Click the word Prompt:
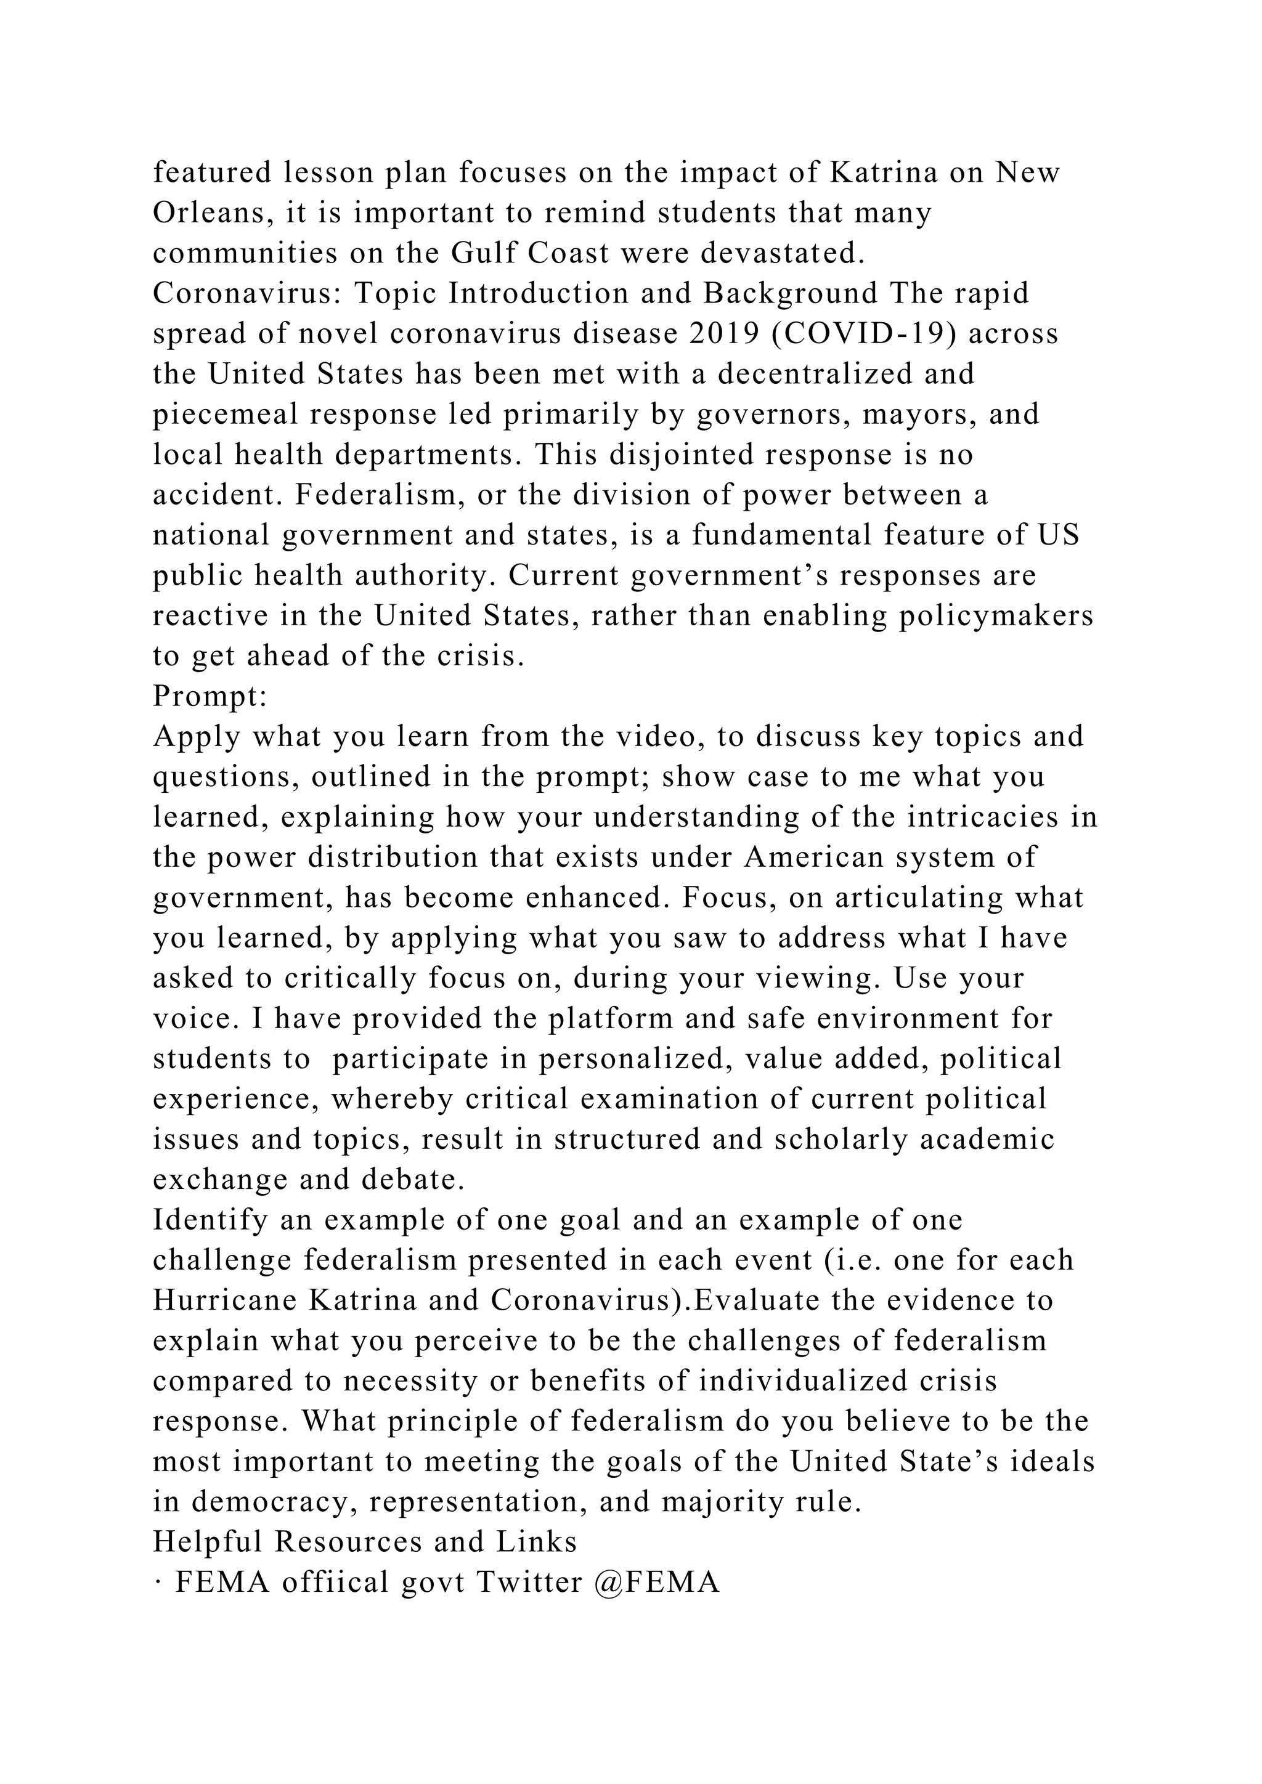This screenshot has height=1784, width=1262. click(210, 696)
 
